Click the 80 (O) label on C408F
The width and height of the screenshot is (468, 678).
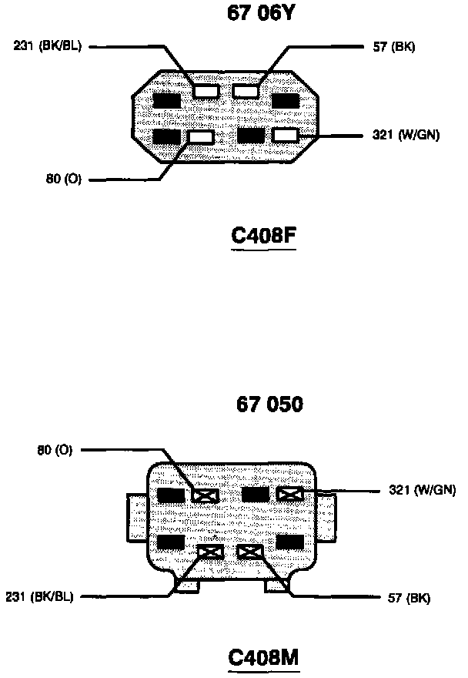click(x=64, y=180)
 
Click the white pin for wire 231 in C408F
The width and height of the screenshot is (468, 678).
click(x=206, y=92)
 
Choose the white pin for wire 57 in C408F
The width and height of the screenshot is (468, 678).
click(x=246, y=92)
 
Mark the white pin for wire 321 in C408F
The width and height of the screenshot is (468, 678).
click(x=285, y=136)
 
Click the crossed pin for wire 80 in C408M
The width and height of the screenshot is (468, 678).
click(x=204, y=495)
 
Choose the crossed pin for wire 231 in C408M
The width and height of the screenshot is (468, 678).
click(x=210, y=552)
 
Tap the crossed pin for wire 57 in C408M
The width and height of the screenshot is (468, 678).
click(x=249, y=552)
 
